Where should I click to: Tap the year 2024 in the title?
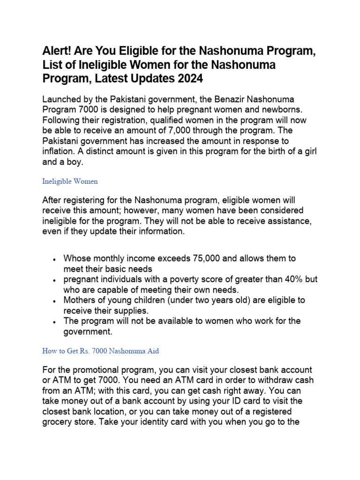[x=190, y=79]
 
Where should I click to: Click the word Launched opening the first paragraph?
[x=63, y=99]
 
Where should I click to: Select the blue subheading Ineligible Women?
[x=70, y=181]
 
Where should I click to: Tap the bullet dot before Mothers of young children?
[x=55, y=300]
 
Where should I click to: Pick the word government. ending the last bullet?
[x=88, y=331]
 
